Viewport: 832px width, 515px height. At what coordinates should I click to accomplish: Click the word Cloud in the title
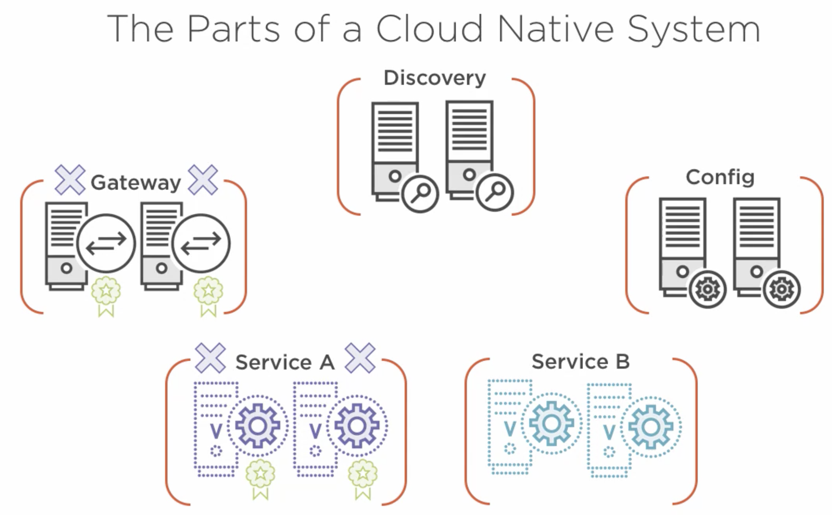[430, 29]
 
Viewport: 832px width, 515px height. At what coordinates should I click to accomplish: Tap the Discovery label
[435, 78]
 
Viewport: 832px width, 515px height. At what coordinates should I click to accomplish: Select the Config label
[720, 177]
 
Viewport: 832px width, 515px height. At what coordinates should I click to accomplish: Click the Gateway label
[136, 183]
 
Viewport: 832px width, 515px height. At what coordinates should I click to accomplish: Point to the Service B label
[580, 361]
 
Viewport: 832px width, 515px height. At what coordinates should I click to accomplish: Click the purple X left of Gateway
[70, 180]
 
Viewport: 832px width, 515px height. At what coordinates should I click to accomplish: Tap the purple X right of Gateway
[203, 180]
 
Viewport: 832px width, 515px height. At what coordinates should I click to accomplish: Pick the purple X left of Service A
[210, 358]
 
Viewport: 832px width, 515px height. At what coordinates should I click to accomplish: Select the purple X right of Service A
[360, 358]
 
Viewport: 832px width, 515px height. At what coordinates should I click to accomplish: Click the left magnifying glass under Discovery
[420, 194]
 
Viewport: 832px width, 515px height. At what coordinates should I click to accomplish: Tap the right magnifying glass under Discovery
[495, 192]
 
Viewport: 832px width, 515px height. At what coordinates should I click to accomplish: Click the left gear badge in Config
[707, 289]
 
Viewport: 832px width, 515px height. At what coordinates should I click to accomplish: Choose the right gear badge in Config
[782, 289]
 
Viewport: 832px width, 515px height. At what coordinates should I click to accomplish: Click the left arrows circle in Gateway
[106, 243]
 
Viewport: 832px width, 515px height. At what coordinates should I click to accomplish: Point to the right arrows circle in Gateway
[201, 243]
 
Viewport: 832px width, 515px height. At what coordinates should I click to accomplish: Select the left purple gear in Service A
[257, 426]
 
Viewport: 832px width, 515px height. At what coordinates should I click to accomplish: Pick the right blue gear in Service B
[651, 427]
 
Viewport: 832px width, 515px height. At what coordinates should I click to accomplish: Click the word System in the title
[693, 29]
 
